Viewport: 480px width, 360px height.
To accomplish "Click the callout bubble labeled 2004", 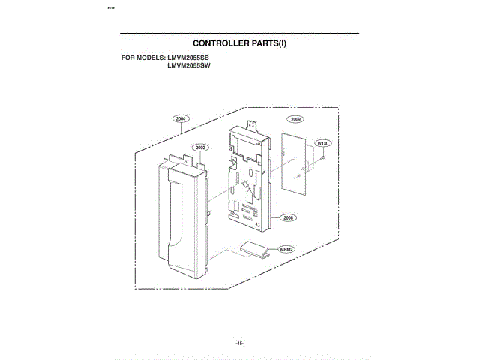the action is click(x=181, y=118).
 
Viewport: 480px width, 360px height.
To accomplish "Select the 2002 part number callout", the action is click(x=201, y=148).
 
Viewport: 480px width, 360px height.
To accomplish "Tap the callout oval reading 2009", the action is click(x=296, y=119).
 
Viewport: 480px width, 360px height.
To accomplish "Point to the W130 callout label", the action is click(x=323, y=142).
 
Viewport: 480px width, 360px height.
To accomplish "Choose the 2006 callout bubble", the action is click(x=288, y=217).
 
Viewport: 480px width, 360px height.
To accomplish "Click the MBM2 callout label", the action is click(x=286, y=249).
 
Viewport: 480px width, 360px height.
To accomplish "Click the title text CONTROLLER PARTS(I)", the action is click(x=239, y=44).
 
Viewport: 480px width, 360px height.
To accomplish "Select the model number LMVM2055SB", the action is click(x=188, y=58).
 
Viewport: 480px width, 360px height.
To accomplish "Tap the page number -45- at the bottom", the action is click(x=239, y=342).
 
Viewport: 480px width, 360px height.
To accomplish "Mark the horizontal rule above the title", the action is click(x=239, y=34).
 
